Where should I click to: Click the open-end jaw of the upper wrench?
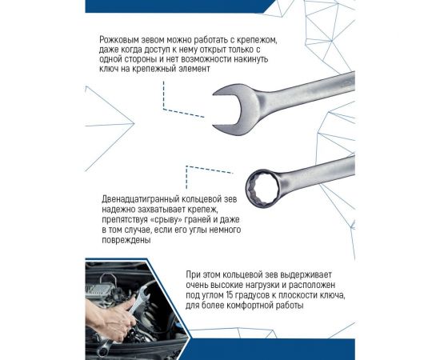pyautogui.click(x=237, y=105)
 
